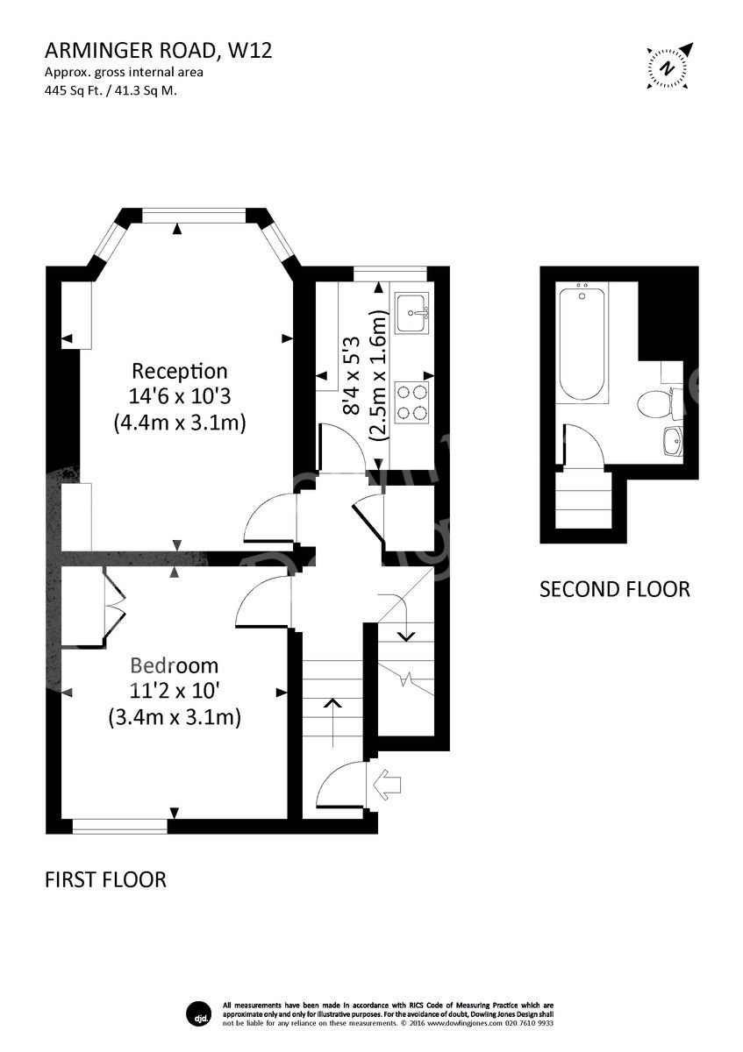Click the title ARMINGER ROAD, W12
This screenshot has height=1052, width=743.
158,50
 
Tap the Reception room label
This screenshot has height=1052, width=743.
179,371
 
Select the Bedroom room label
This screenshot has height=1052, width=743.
175,665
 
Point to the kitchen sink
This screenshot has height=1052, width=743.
411,313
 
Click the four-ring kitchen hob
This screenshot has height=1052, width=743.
411,402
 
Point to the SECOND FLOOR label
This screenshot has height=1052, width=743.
614,589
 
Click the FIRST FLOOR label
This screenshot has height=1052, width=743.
105,879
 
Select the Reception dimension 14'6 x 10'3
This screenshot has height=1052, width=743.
179,396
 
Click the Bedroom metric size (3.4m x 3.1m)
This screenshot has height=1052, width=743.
175,717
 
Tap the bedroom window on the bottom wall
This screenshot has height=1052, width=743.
119,825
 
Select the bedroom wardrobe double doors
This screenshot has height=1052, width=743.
114,605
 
